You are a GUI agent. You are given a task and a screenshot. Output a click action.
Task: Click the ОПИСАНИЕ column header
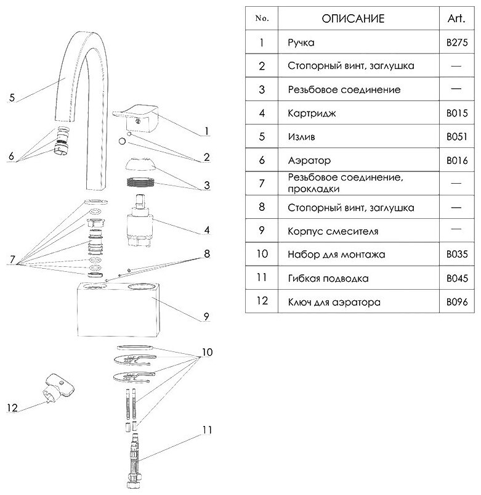coord(353,18)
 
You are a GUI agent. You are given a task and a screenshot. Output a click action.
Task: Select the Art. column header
coord(456,18)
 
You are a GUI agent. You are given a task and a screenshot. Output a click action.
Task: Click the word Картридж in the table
coord(311,113)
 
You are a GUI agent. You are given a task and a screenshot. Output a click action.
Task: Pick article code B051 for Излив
coord(456,137)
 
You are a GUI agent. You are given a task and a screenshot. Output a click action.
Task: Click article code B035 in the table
coord(456,254)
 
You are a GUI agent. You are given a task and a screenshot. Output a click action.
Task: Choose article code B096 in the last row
coord(456,302)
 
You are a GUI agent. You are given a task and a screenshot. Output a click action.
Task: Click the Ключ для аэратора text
coord(333,302)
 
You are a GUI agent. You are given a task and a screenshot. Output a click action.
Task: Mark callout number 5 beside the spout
coord(12,97)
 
